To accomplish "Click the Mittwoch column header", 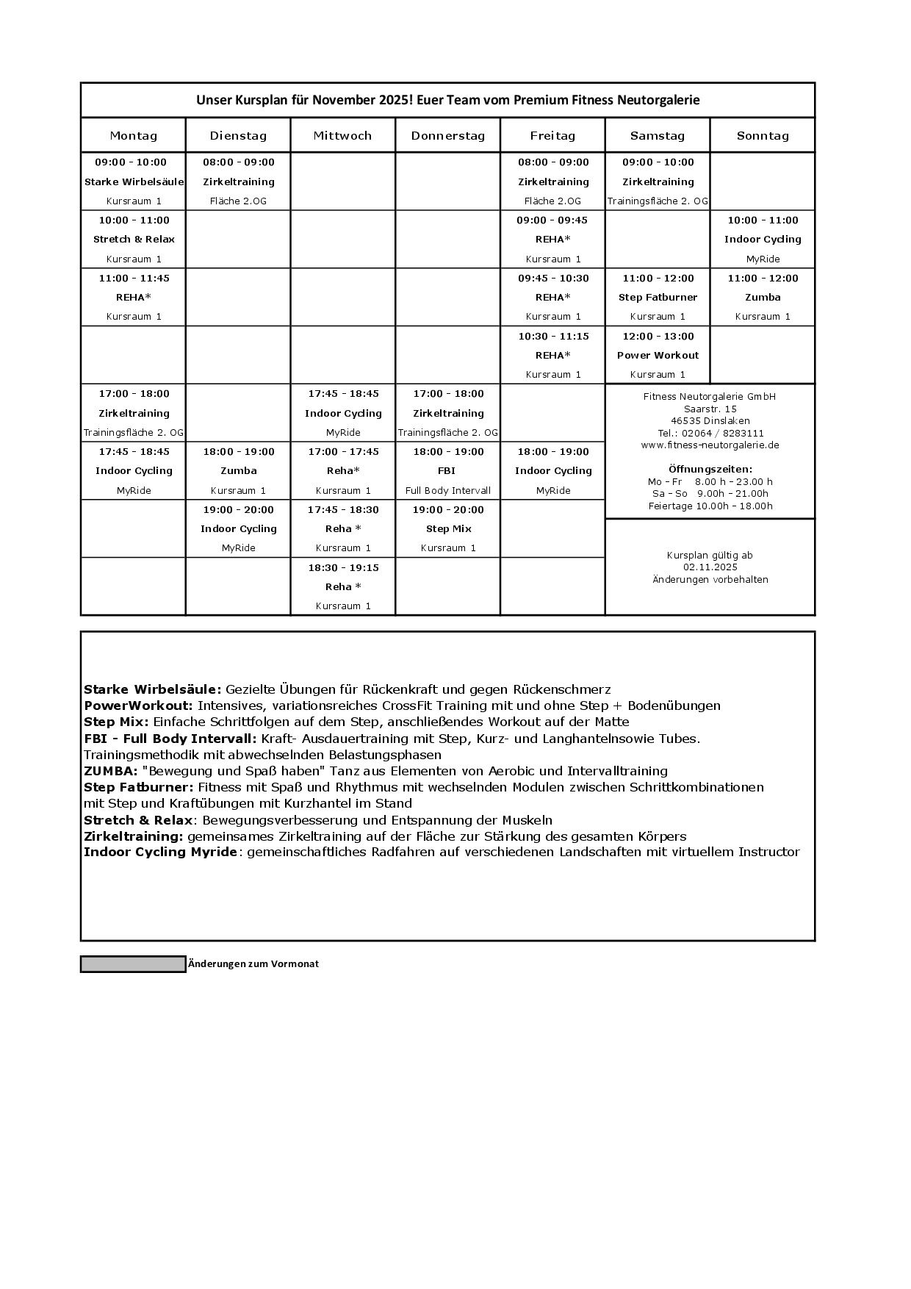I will point(342,136).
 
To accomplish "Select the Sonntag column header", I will point(763,136).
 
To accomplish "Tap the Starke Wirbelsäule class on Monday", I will point(134,182).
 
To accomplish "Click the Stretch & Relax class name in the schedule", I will point(134,240).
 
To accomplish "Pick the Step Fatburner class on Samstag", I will point(658,298).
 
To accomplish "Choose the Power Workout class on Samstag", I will point(658,356).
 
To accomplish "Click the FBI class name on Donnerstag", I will point(447,471).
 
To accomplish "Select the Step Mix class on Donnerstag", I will point(447,529).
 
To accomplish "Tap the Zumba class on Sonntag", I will point(763,298).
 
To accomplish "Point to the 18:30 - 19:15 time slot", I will point(343,568).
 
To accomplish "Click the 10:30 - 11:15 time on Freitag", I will point(552,337).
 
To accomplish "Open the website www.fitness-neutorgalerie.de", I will point(710,445).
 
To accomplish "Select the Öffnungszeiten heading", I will point(710,469).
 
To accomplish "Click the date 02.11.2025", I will point(710,567).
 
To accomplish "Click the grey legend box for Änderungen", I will point(133,964).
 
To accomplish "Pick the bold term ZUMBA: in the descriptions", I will point(111,771).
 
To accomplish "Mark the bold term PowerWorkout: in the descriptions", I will point(138,705).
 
